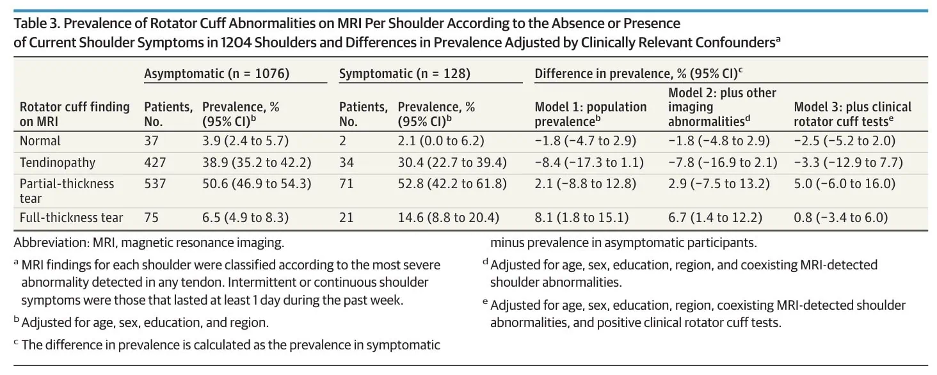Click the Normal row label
[40, 141]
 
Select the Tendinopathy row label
[58, 162]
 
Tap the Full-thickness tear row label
[72, 218]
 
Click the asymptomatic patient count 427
[155, 162]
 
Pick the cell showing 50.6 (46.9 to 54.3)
[257, 184]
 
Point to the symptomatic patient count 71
[346, 184]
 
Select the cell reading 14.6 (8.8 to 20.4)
[449, 218]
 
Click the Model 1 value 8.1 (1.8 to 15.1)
[581, 218]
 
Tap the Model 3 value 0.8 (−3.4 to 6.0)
[841, 218]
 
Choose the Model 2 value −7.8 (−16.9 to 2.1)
[723, 162]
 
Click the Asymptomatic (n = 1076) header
[217, 74]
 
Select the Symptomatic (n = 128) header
[404, 74]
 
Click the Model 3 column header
[853, 114]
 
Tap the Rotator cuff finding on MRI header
[75, 114]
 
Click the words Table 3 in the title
[37, 24]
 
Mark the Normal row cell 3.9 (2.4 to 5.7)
[246, 141]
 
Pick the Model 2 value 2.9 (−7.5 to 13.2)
[719, 184]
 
